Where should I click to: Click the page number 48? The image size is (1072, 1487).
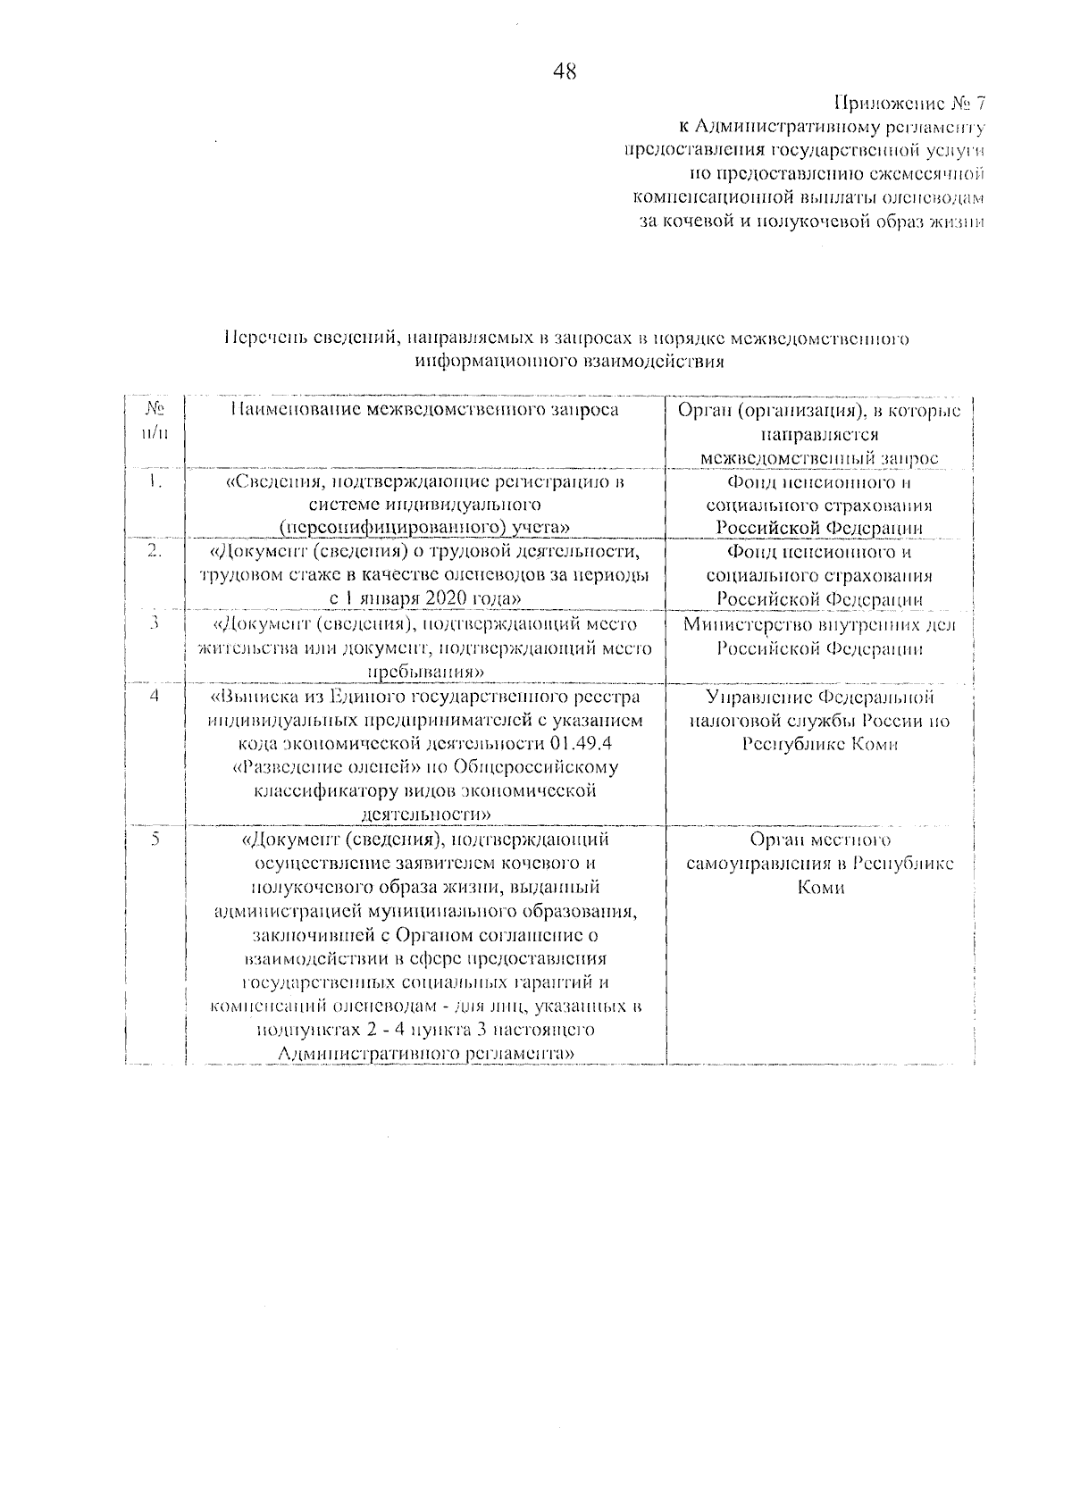[565, 72]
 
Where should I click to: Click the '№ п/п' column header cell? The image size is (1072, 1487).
[155, 421]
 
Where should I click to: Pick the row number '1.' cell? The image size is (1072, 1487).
[155, 482]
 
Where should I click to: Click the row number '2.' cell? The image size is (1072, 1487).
[155, 552]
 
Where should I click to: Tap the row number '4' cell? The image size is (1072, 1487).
[155, 696]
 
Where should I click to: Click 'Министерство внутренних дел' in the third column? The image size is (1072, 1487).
[819, 624]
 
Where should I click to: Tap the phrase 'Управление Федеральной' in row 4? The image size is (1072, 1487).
[819, 697]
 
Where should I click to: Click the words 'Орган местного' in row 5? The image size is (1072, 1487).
[819, 840]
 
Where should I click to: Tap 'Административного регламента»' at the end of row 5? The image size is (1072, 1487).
[425, 1054]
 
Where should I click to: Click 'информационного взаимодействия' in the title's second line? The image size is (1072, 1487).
[569, 363]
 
